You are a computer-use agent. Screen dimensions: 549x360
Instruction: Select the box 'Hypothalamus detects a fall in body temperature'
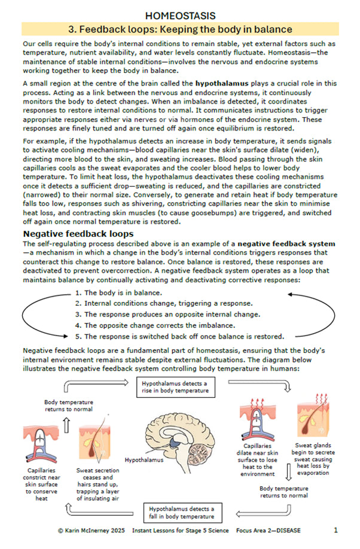[x=181, y=512]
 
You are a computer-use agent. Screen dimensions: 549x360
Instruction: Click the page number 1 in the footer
[x=335, y=530]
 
